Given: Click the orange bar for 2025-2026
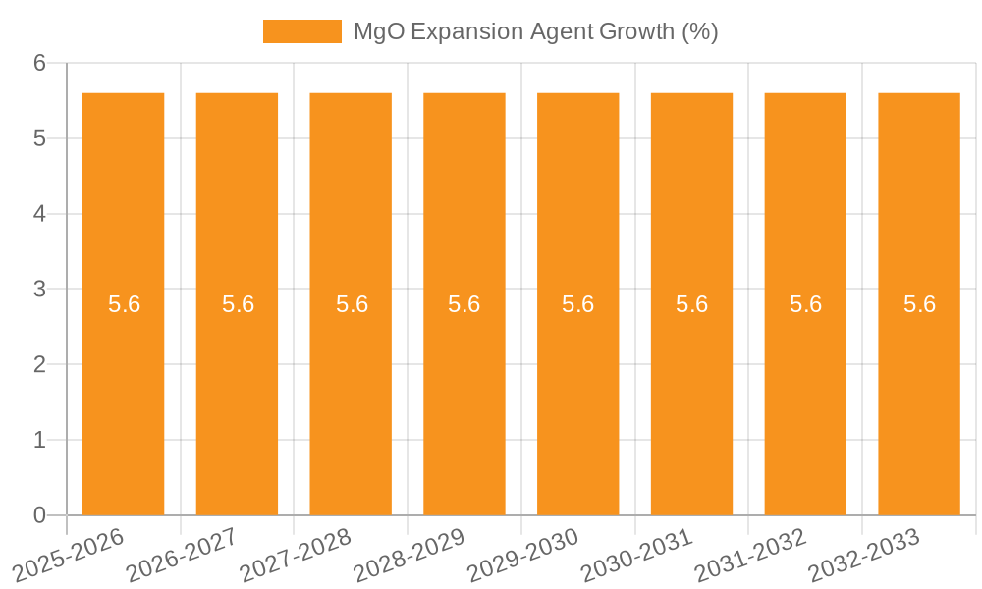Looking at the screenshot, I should coord(123,393).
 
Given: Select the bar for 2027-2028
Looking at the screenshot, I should coord(351,393).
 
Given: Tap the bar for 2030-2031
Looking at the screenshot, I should coord(691,393).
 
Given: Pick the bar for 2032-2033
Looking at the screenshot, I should coord(919,393).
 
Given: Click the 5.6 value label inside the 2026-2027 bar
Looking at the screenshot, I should coord(238,304).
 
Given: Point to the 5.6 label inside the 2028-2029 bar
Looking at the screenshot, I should coord(464,304).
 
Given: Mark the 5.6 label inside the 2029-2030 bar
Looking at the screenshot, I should coord(578,304).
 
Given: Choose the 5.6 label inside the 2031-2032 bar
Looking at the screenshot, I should coord(805,304).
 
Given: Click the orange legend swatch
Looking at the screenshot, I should coord(301,31).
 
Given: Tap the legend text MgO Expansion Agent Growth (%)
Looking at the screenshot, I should coord(535,31).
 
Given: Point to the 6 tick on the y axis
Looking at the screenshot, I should coord(40,63).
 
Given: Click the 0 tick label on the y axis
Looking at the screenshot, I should coord(40,515).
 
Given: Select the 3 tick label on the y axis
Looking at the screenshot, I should coord(40,290).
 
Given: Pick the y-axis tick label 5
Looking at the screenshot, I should coord(40,138).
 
